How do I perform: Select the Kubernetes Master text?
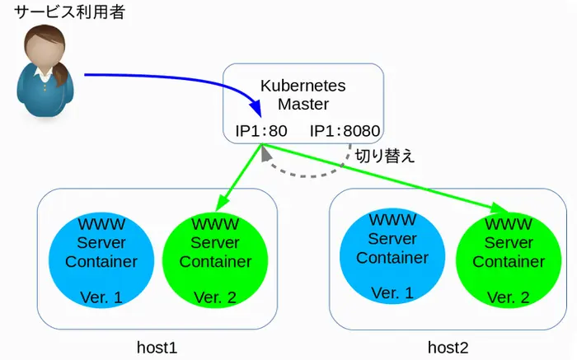coord(303,95)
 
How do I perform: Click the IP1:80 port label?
coord(260,131)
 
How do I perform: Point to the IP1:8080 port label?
coord(345,131)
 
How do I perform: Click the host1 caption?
coord(157,347)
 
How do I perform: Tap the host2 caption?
coord(448,347)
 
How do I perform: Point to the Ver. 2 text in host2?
coord(508,297)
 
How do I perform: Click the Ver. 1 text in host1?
coord(101,297)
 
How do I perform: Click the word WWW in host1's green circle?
coord(215,223)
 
